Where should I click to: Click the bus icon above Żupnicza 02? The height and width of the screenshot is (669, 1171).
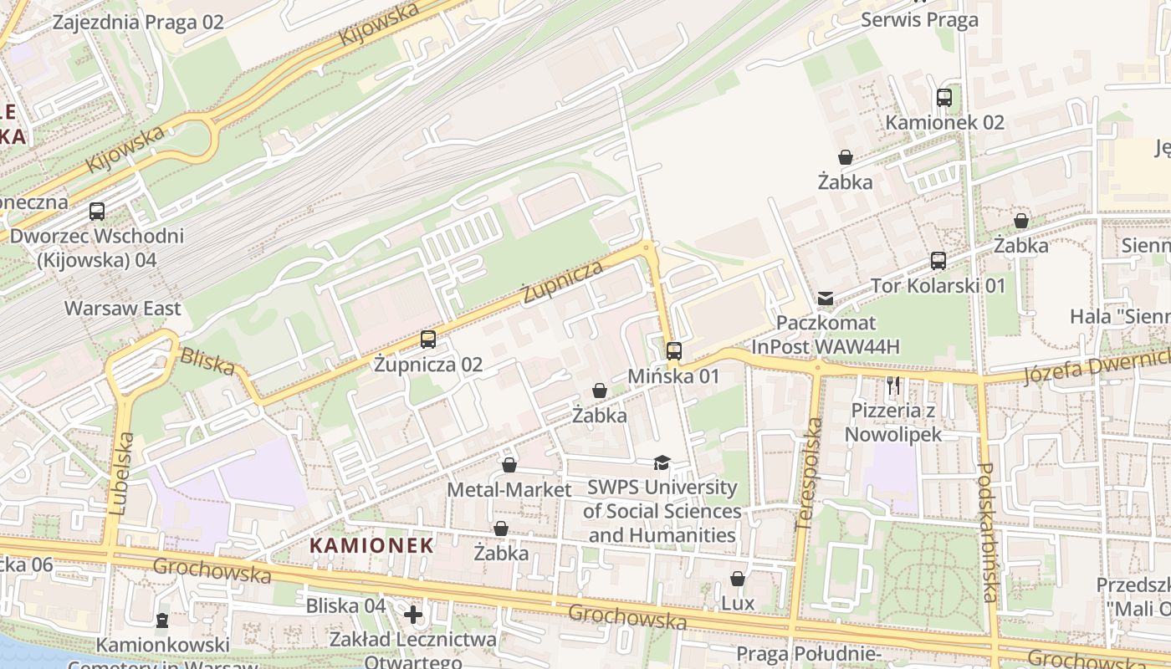tap(428, 340)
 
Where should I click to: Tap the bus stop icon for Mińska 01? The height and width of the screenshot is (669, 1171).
tap(674, 351)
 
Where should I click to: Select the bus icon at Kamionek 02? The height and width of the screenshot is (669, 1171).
tap(944, 98)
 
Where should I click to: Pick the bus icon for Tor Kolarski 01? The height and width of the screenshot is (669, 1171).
tap(938, 261)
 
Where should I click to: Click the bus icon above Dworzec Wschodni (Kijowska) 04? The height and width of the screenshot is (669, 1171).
tap(97, 212)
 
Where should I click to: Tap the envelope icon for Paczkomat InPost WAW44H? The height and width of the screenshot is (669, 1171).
tap(826, 299)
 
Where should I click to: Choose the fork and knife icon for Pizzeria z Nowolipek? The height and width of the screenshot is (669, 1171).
tap(893, 386)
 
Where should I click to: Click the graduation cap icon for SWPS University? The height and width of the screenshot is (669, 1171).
tap(662, 462)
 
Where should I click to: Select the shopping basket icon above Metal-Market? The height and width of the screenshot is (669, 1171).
tap(509, 465)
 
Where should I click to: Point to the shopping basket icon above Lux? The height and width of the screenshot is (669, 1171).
tap(738, 579)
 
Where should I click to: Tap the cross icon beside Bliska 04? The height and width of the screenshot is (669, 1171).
tap(412, 615)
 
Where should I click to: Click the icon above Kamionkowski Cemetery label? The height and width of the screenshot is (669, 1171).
tap(161, 620)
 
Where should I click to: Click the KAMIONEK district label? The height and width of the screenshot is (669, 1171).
tap(372, 546)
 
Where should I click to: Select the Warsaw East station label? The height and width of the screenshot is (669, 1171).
tap(123, 309)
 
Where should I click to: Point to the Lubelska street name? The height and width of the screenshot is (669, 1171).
tap(121, 472)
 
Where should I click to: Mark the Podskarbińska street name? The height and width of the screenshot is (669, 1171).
tap(987, 532)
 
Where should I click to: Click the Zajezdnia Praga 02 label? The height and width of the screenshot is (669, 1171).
tap(138, 22)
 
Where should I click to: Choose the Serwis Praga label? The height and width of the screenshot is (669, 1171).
tap(919, 20)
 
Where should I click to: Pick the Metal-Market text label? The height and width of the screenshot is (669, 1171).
tap(509, 489)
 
